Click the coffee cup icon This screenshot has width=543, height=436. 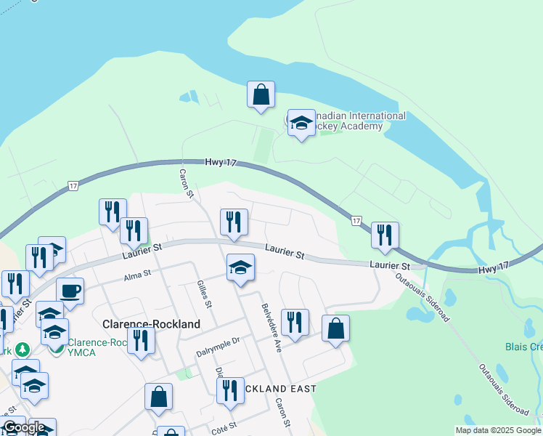pyautogui.click(x=70, y=291)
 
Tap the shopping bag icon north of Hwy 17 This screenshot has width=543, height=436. pyautogui.click(x=261, y=94)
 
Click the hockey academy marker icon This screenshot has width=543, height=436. pyautogui.click(x=301, y=124)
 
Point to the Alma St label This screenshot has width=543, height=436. pyautogui.click(x=136, y=275)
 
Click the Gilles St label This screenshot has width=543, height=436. pyautogui.click(x=204, y=294)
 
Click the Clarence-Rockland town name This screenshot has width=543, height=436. pyautogui.click(x=151, y=325)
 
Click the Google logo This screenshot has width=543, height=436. pyautogui.click(x=24, y=427)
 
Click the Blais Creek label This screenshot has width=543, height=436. pyautogui.click(x=523, y=347)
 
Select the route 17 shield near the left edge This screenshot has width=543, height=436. pyautogui.click(x=73, y=187)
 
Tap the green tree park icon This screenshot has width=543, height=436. pyautogui.click(x=23, y=350)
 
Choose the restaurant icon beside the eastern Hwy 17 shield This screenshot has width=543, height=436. pyautogui.click(x=385, y=235)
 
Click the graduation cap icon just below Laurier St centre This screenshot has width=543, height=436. pyautogui.click(x=240, y=267)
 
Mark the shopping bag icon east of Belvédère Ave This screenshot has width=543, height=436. pyautogui.click(x=335, y=328)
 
